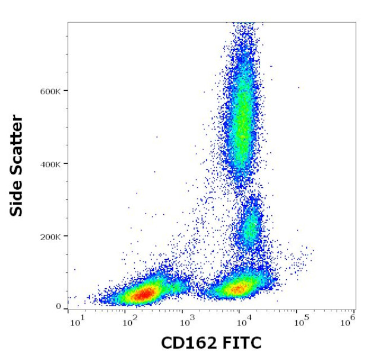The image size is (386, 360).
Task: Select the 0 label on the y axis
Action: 59,307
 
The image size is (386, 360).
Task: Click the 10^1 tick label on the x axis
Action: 77,321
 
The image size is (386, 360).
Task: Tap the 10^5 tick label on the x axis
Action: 301,321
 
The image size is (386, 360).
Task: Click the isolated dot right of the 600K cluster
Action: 299,87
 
